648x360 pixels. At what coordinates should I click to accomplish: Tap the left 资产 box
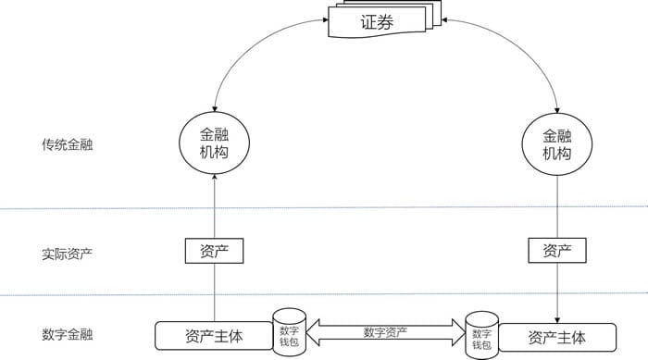pos(214,250)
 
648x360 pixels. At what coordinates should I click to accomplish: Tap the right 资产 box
pos(556,250)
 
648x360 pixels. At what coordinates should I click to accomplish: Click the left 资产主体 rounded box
pos(214,336)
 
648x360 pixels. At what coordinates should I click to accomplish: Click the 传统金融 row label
pos(67,145)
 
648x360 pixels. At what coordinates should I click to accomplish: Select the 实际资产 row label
pos(67,254)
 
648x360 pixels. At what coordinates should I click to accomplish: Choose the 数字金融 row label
pos(67,335)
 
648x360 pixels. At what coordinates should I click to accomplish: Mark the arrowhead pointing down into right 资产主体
pos(556,317)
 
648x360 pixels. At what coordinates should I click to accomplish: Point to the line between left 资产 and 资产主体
pos(214,292)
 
